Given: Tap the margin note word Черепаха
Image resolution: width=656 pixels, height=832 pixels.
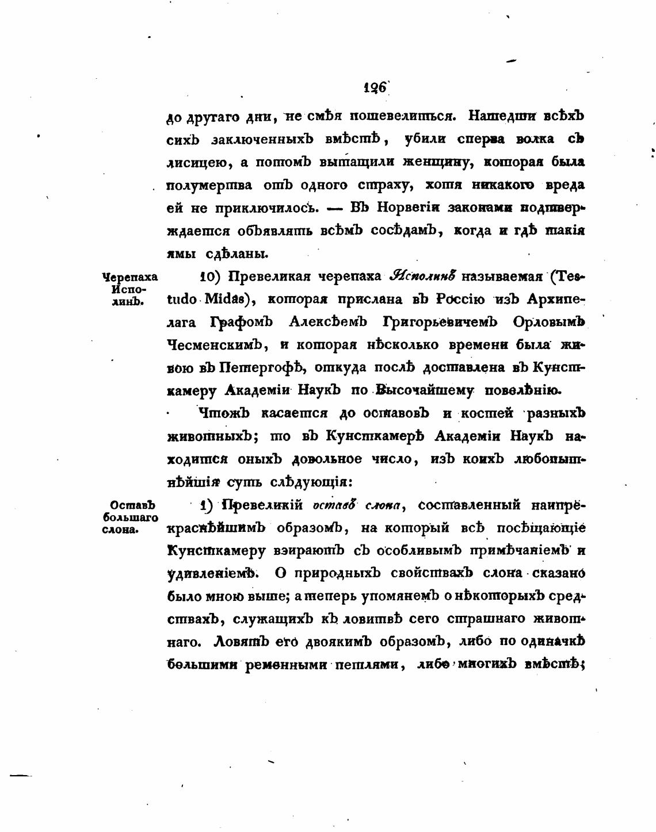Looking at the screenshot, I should [129, 277].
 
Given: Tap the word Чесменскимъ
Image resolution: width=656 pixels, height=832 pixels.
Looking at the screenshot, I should [215, 345].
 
